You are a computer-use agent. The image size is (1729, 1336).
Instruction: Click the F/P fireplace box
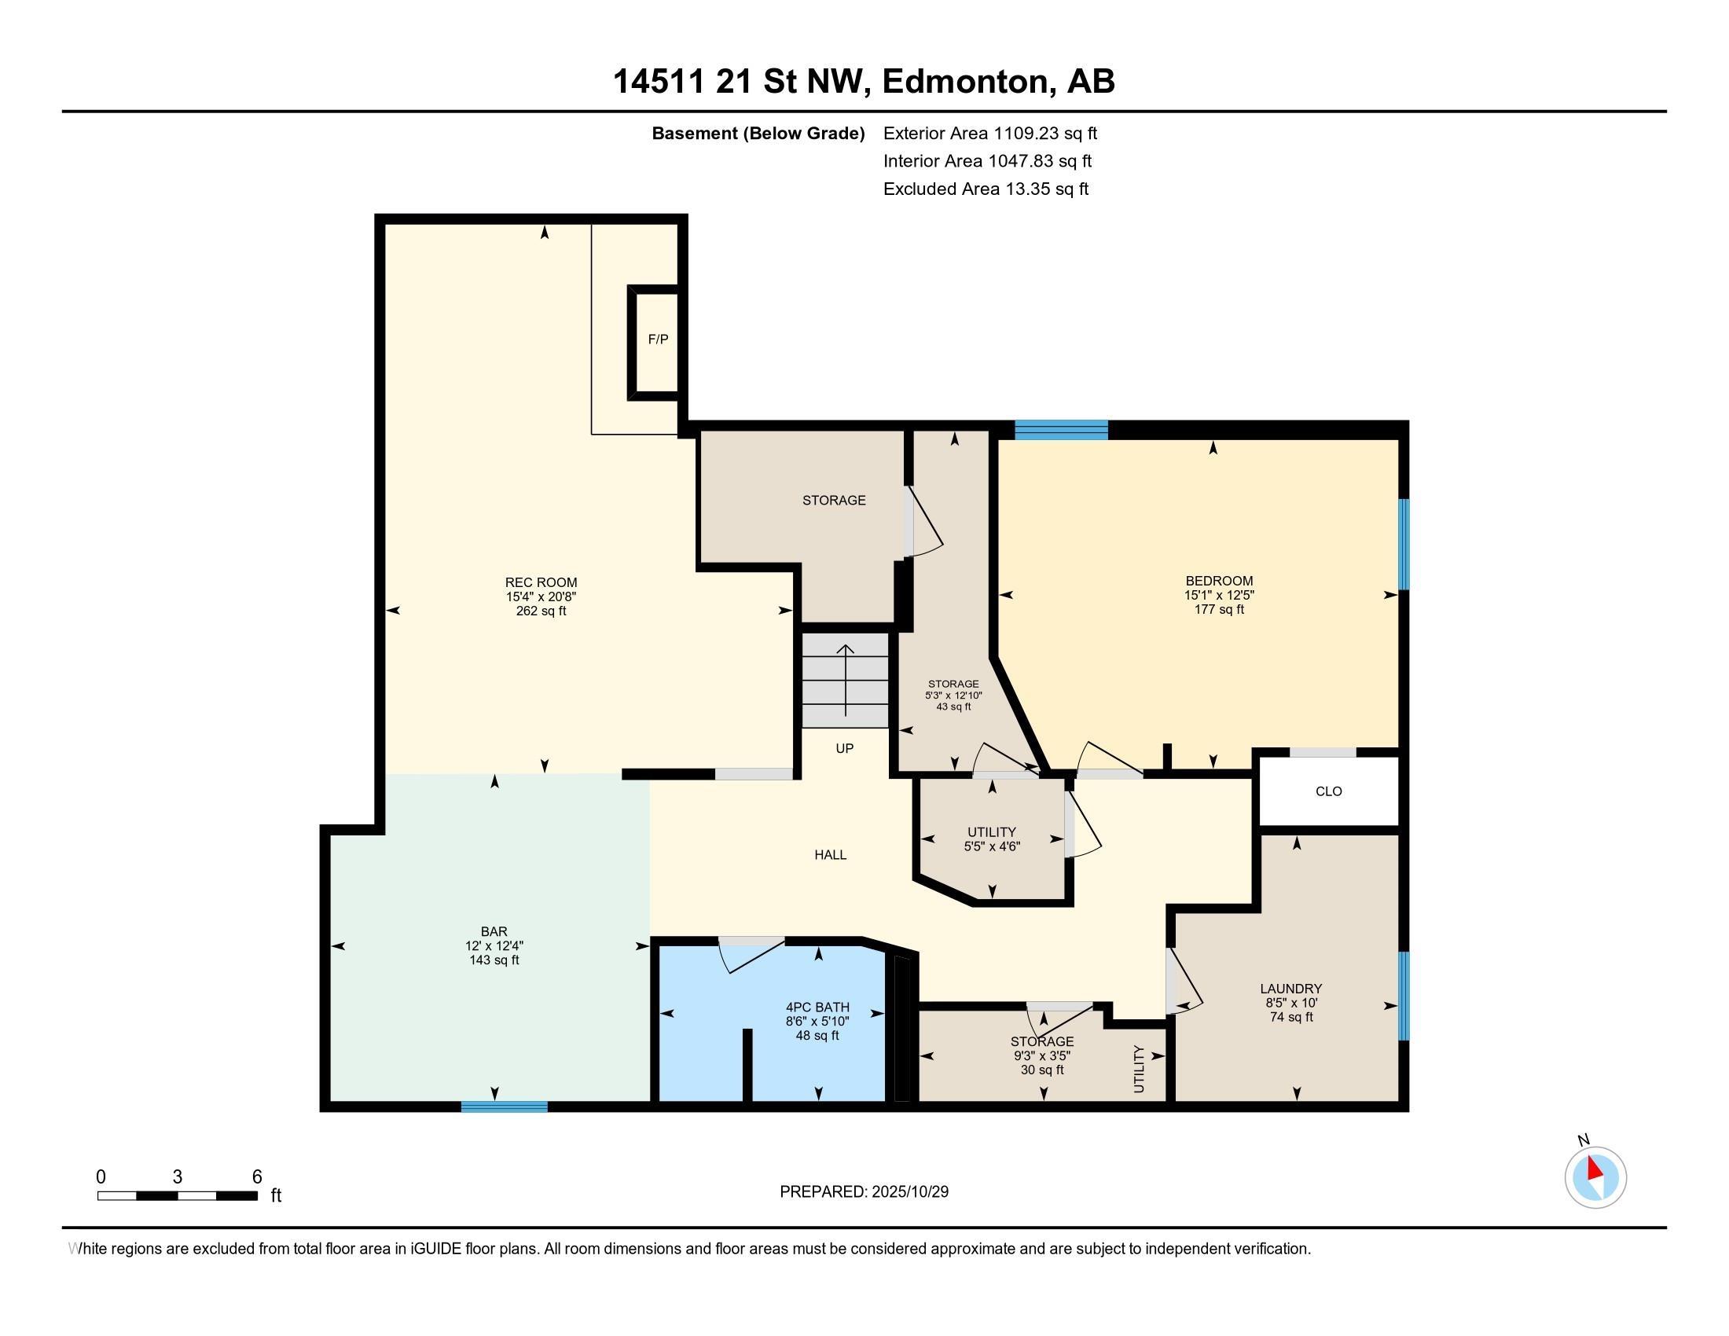tap(657, 340)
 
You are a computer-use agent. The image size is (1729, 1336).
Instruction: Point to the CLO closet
tap(1328, 791)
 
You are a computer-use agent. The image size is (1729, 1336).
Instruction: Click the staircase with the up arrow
tap(846, 680)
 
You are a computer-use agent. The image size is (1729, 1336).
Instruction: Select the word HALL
tap(831, 855)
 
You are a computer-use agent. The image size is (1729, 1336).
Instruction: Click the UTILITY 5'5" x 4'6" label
tap(992, 839)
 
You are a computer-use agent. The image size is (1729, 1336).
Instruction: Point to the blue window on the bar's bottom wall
tap(505, 1107)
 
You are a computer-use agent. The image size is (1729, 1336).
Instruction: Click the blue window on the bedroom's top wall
tap(1061, 430)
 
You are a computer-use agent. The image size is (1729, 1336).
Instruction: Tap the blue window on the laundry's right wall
tap(1404, 996)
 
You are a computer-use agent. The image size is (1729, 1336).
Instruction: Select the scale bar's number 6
tap(256, 1177)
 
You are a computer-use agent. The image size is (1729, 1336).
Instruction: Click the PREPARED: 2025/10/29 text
tap(864, 1192)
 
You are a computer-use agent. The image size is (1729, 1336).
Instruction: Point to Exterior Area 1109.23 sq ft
tap(989, 134)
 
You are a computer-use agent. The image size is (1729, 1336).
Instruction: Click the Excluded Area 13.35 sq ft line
tap(986, 189)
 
